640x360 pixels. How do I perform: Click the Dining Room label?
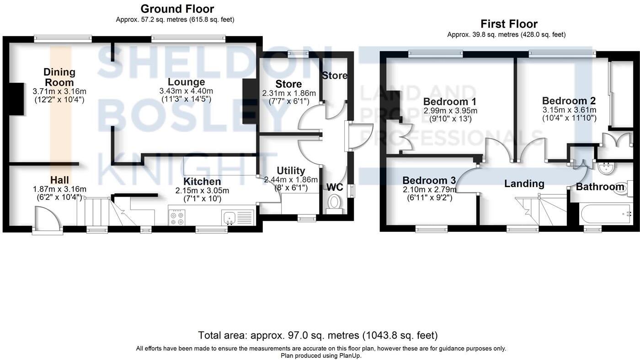59,77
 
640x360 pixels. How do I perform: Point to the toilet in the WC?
335,204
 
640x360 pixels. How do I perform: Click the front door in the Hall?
48,220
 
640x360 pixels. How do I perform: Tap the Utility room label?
291,171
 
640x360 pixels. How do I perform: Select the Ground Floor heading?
177,9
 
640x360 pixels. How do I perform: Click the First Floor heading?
509,24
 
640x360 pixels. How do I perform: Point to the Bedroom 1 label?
450,102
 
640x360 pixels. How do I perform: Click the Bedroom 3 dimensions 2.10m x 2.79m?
429,189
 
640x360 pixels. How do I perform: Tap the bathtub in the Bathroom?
606,214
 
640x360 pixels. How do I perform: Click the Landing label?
524,184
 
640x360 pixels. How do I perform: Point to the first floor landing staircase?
539,210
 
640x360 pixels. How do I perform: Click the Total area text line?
318,335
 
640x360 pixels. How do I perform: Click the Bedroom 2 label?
569,101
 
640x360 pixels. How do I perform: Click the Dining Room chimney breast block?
17,99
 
